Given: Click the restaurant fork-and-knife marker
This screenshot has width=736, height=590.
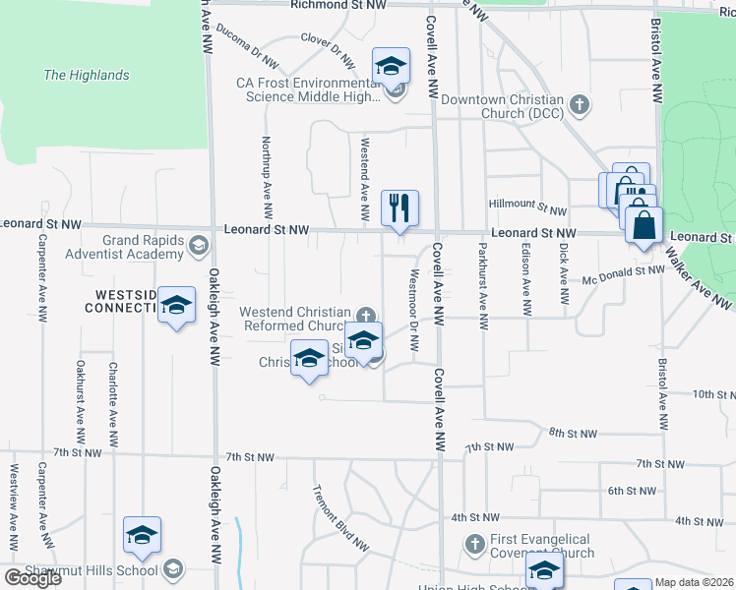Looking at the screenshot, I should click(399, 208).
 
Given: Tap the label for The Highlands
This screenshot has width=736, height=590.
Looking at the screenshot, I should click(86, 75).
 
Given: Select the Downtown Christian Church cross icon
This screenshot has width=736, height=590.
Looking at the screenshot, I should click(581, 101).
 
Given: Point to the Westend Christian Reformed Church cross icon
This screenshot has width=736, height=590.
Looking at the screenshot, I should click(366, 316).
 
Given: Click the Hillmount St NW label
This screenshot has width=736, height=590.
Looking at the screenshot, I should click(530, 210).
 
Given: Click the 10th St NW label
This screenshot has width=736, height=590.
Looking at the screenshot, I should click(707, 394).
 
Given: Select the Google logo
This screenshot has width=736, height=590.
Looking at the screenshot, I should click(31, 577).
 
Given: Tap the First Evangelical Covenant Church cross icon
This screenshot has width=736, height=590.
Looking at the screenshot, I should click(474, 543).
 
